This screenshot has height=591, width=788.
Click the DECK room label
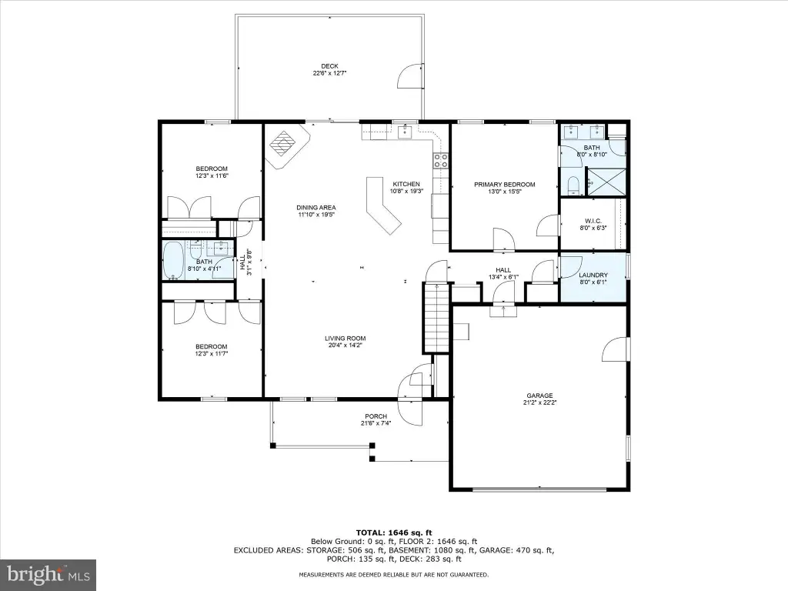tap(329, 66)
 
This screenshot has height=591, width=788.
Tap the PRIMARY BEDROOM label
tap(505, 185)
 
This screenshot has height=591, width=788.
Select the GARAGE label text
tap(539, 396)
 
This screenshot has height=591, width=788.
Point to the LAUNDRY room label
tap(593, 275)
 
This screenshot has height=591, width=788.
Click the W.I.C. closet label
tap(593, 221)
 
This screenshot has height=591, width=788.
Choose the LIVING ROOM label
tap(346, 339)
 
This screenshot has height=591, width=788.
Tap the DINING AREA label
tap(316, 207)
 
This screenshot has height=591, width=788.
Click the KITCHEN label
tap(406, 184)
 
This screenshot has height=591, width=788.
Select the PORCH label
tap(376, 416)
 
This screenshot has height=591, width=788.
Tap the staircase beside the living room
tap(436, 316)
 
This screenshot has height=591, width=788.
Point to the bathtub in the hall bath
tap(174, 260)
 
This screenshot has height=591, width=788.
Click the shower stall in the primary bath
tap(606, 182)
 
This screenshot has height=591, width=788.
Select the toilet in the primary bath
tap(573, 185)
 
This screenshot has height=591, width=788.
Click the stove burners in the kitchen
tap(441, 160)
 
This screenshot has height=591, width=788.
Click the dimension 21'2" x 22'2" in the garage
tap(539, 402)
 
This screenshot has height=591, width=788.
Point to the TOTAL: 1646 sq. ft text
tap(394, 533)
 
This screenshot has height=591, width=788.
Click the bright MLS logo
tap(48, 574)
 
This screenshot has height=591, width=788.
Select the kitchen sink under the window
tap(405, 132)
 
